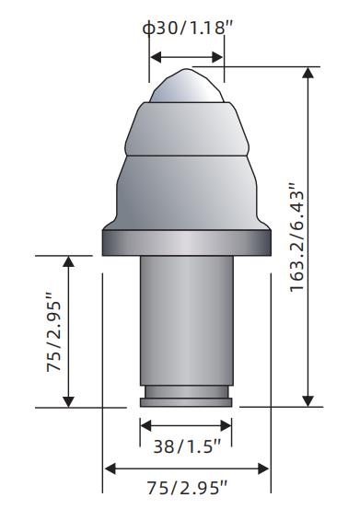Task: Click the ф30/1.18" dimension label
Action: [188, 29]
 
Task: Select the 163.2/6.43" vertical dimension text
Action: [297, 237]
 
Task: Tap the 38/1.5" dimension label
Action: [187, 446]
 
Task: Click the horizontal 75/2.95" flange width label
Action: [187, 488]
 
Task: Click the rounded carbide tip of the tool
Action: [186, 86]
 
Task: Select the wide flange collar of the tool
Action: [187, 242]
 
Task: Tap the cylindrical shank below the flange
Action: [187, 320]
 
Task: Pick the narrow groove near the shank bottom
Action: [187, 392]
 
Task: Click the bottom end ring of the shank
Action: [186, 402]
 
